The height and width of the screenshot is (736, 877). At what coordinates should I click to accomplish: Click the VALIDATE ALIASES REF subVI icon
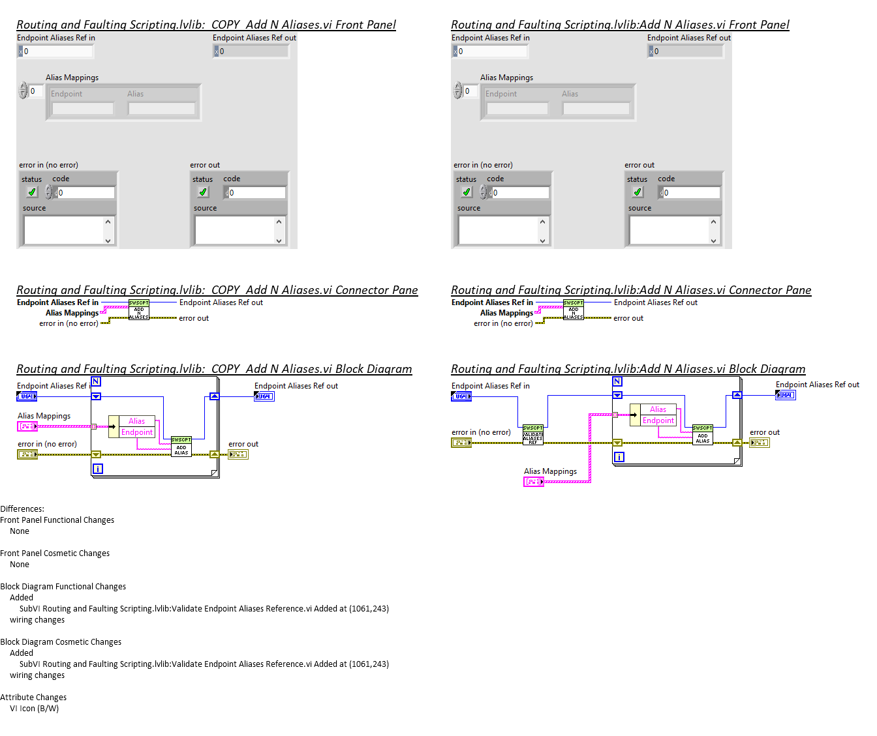pyautogui.click(x=532, y=435)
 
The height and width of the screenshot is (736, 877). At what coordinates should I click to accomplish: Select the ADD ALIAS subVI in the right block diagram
pyautogui.click(x=702, y=435)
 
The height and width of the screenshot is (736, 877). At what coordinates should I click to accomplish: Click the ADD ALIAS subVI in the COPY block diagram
pyautogui.click(x=181, y=447)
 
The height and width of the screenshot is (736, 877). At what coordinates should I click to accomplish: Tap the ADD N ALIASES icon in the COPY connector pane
pyautogui.click(x=138, y=310)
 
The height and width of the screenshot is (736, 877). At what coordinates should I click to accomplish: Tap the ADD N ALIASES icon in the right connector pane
pyautogui.click(x=573, y=310)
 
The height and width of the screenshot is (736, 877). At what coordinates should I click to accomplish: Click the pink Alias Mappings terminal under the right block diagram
pyautogui.click(x=533, y=482)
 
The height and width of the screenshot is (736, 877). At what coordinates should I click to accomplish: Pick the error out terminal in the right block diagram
pyautogui.click(x=760, y=443)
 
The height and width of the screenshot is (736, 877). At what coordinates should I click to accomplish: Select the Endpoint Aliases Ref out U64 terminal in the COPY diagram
pyautogui.click(x=264, y=396)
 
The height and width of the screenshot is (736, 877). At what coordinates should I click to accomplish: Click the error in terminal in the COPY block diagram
pyautogui.click(x=27, y=454)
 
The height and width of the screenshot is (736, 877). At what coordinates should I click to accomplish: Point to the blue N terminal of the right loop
pyautogui.click(x=617, y=381)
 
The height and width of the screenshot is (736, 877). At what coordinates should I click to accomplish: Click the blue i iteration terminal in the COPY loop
pyautogui.click(x=97, y=469)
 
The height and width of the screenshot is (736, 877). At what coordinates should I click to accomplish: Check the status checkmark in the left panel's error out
pyautogui.click(x=203, y=192)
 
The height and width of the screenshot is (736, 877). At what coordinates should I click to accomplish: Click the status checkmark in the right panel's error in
pyautogui.click(x=466, y=192)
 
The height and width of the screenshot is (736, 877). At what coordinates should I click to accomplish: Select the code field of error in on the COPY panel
pyautogui.click(x=85, y=193)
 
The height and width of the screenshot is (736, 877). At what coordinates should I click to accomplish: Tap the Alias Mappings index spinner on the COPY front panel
pyautogui.click(x=23, y=91)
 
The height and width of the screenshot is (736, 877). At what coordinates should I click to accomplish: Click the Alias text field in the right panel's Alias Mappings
pyautogui.click(x=596, y=109)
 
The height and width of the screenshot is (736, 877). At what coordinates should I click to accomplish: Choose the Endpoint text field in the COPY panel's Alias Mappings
pyautogui.click(x=82, y=109)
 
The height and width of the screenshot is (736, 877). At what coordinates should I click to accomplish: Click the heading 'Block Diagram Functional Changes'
pyautogui.click(x=63, y=587)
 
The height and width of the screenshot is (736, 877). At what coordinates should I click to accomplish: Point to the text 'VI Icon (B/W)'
pyautogui.click(x=34, y=709)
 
